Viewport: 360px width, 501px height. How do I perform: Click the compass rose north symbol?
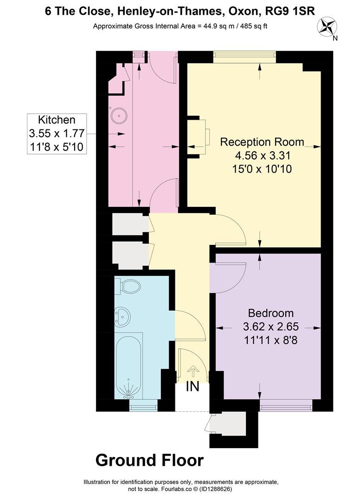point(328,26)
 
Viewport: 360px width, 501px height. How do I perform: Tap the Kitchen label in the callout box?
point(56,120)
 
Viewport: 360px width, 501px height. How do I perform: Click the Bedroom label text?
point(270,313)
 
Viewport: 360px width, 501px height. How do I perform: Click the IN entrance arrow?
point(193,371)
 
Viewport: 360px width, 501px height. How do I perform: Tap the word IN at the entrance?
point(193,386)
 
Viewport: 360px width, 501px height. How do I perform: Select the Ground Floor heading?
point(149,460)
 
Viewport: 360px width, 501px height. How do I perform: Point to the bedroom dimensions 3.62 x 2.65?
point(270,327)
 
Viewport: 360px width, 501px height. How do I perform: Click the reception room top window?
point(244,57)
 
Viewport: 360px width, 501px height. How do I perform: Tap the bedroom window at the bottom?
point(285,407)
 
